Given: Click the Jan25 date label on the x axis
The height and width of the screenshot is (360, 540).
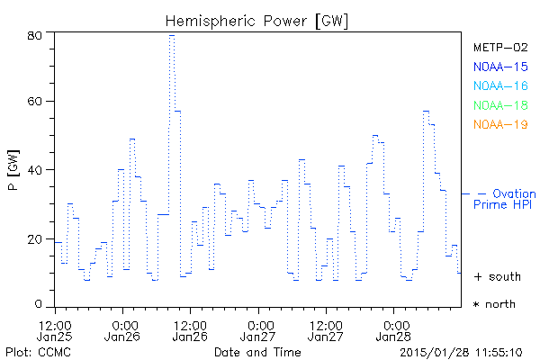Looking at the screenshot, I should click(56, 337).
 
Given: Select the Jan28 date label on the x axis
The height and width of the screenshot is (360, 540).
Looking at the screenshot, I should click(393, 337).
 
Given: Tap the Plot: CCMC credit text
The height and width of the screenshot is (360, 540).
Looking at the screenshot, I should click(33, 351).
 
